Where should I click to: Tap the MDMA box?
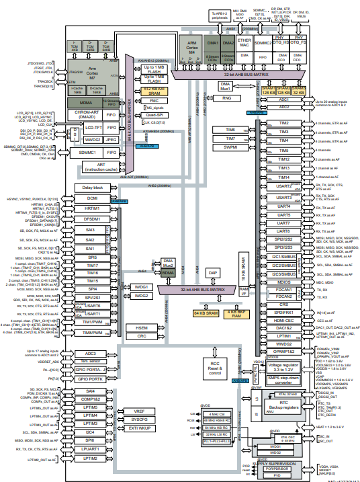click(x=90, y=102)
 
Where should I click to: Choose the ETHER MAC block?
click(x=244, y=44)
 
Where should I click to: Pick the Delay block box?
click(x=92, y=188)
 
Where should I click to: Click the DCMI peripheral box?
click(x=92, y=199)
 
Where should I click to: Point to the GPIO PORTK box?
click(x=91, y=378)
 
